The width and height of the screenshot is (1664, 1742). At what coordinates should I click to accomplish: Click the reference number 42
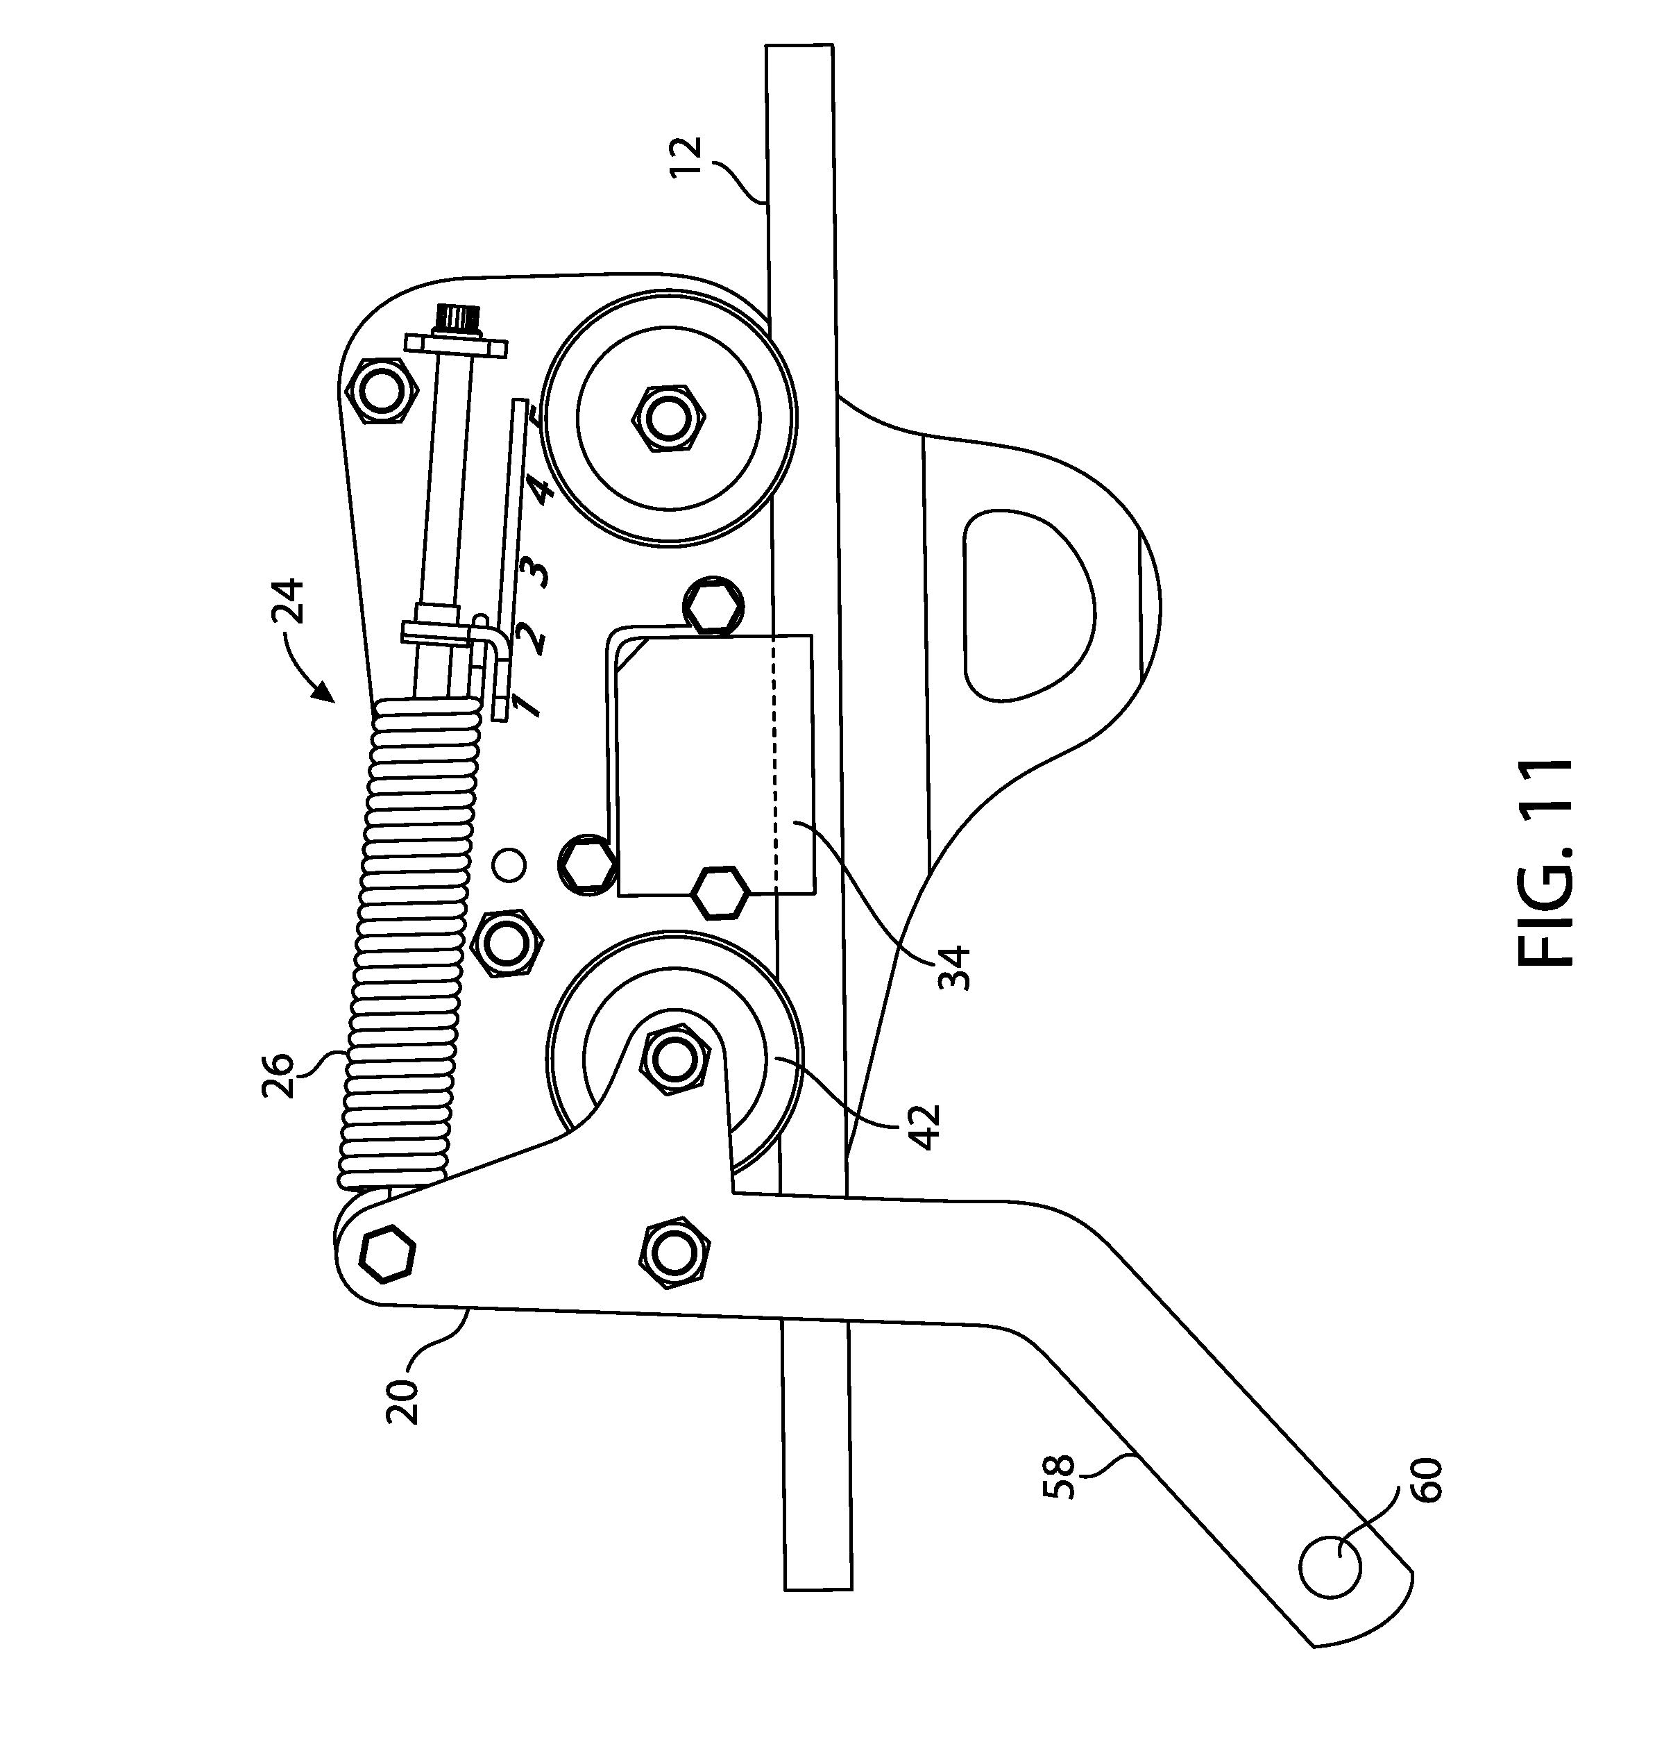coord(925,1127)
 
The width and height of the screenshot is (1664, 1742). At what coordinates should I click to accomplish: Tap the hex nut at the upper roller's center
coord(667,418)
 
